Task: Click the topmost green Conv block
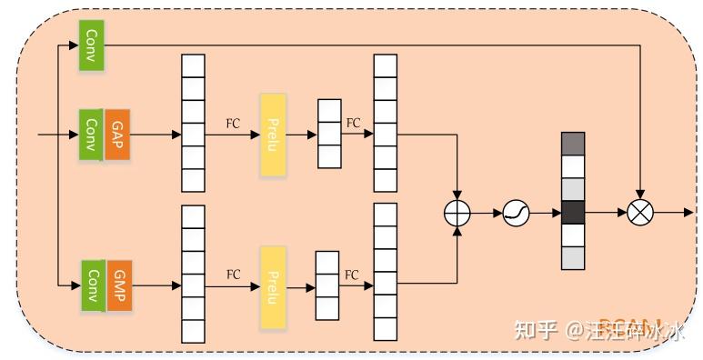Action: (92, 45)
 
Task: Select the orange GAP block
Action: (117, 135)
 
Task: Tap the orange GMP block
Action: (120, 285)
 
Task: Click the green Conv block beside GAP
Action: (92, 135)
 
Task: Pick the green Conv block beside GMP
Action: (93, 285)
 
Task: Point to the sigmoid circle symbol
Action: (515, 213)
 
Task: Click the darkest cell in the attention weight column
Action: (572, 213)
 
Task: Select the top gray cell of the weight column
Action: (572, 144)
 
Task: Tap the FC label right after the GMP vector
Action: (234, 275)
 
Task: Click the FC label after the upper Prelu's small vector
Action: (353, 123)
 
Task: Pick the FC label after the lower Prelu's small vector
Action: (351, 275)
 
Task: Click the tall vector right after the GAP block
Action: (193, 123)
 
